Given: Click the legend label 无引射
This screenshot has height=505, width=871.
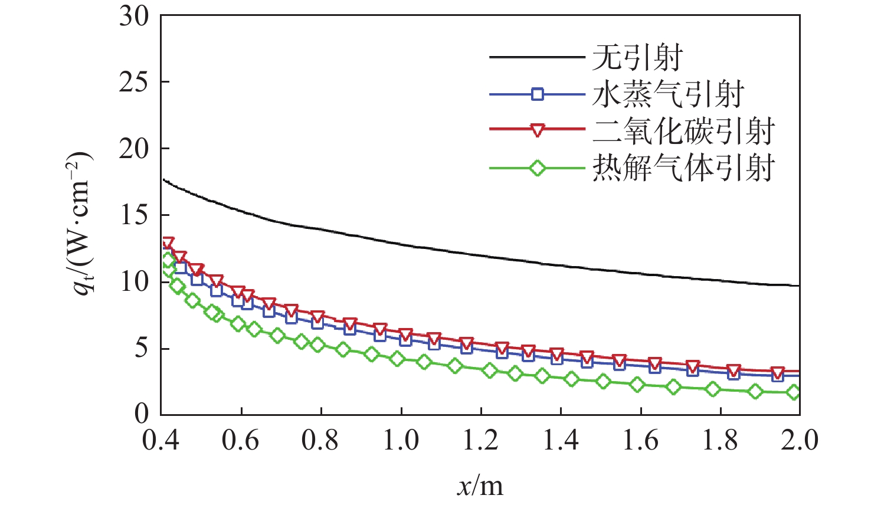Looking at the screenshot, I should [x=637, y=58].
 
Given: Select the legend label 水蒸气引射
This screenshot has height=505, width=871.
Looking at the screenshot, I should [x=668, y=94].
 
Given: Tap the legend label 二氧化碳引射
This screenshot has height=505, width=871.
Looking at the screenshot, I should [x=683, y=131].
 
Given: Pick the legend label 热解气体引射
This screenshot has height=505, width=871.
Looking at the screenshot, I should [x=683, y=168].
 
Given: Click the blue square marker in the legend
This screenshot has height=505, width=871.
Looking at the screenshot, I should [x=537, y=94].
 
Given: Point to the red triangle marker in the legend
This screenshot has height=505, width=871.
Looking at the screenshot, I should [x=537, y=131].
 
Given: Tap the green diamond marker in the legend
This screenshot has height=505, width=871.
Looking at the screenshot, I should [x=537, y=168].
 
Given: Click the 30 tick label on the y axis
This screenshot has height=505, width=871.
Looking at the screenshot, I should [x=134, y=16].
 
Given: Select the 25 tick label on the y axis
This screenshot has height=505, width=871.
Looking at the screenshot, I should [x=134, y=82].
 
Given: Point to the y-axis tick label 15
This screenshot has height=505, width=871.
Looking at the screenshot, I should [x=134, y=215].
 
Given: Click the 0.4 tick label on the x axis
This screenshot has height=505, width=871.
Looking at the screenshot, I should [x=161, y=440].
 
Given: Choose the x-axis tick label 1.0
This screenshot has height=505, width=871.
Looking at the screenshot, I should [x=401, y=440].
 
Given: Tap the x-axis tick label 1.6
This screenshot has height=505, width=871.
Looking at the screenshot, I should [x=640, y=440].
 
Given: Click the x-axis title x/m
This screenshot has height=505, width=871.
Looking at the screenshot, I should [x=480, y=486].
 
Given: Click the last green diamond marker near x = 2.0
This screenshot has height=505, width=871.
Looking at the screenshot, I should [x=794, y=392].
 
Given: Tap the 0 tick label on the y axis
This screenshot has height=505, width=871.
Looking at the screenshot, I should [x=142, y=414].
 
